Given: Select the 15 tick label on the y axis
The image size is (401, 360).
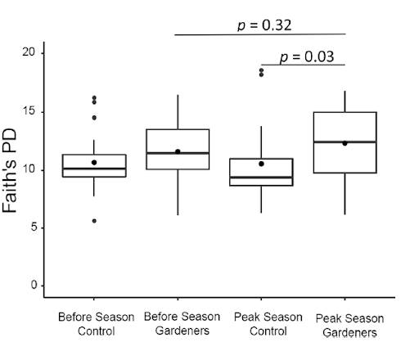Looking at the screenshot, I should coord(28,112).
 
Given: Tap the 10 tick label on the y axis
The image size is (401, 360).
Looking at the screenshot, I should coord(28,170).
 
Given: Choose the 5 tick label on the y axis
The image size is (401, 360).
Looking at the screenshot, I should coord(31,228).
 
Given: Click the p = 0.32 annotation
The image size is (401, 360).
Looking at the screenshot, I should coord(260,25).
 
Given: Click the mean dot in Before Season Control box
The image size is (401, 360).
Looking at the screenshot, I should coord(93,162).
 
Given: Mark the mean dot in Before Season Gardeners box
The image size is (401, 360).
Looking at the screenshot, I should coord(178,151).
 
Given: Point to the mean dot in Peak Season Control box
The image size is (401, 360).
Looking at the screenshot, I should coord(261,164).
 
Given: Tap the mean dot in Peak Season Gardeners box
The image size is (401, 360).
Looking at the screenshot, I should coord(345,143).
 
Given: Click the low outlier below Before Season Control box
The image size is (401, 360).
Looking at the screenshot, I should coord(93,221).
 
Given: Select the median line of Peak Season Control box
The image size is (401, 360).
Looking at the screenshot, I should coord(261,178).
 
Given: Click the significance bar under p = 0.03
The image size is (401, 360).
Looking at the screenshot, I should coord(303,65).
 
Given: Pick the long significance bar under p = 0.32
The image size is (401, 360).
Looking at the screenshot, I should coord(260,34).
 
